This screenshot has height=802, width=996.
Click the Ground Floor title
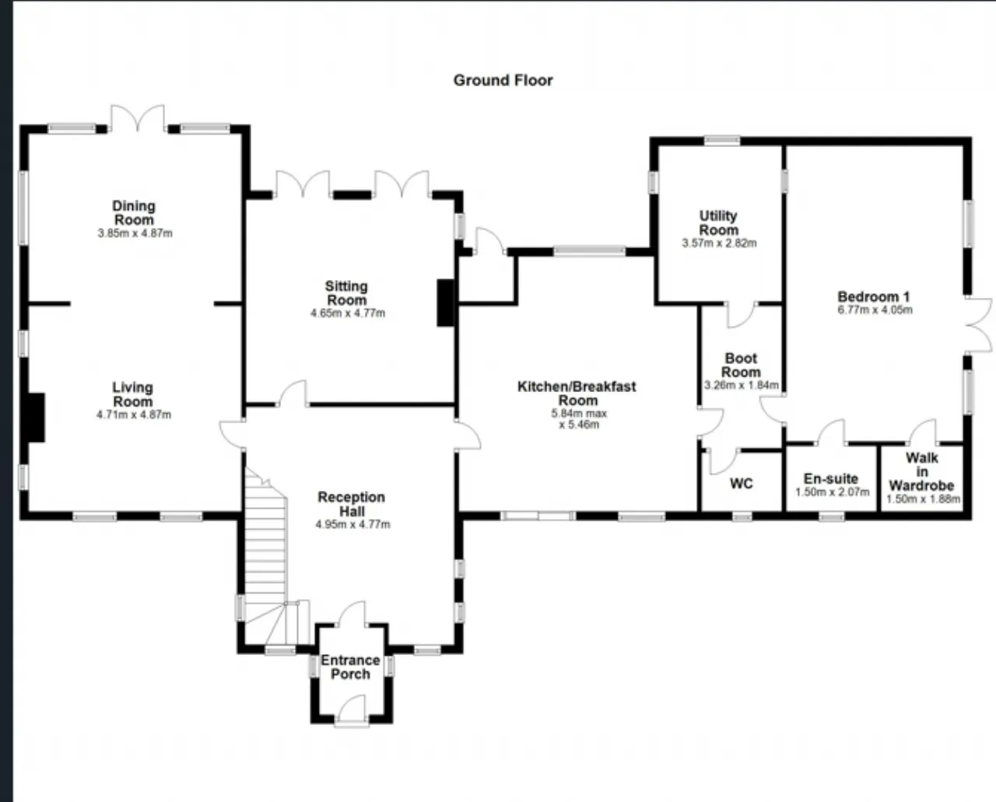tap(503, 81)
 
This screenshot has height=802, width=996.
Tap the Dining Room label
tap(134, 212)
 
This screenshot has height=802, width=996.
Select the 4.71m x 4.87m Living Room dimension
tap(134, 415)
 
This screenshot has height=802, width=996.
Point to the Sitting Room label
tap(347, 293)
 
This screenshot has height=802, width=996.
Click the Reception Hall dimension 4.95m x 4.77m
tap(353, 524)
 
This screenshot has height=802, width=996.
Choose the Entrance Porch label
tap(350, 667)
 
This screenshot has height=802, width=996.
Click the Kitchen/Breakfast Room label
tap(577, 393)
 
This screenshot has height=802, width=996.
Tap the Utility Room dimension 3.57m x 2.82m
tap(719, 243)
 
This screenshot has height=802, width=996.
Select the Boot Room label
tap(741, 365)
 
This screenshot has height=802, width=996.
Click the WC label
tap(742, 484)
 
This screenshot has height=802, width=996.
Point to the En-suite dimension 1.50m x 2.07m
tap(832, 492)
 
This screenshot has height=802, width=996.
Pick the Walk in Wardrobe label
tap(922, 471)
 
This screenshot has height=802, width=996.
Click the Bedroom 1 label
tap(874, 296)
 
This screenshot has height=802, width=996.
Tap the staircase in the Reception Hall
tap(265, 555)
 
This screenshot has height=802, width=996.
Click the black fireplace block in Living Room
tap(37, 418)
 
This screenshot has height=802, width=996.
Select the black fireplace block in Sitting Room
tap(446, 303)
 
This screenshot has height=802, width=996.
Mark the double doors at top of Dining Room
tap(137, 119)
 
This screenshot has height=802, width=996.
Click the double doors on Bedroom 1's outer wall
tap(978, 326)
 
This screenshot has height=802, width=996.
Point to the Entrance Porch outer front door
tap(352, 710)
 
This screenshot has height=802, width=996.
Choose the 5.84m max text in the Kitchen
tap(579, 413)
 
